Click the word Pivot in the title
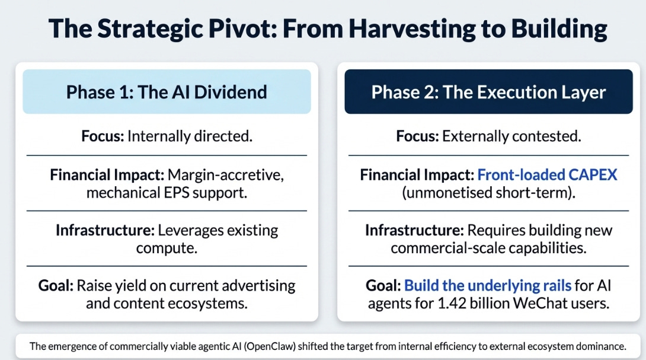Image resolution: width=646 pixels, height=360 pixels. [242, 28]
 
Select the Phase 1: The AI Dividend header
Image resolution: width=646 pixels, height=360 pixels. [167, 91]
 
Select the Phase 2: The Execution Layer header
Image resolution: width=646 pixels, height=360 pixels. [488, 91]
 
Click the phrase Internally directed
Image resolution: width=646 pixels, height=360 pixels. [190, 136]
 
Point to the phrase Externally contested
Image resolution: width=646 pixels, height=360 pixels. [511, 136]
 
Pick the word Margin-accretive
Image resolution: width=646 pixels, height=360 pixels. [226, 175]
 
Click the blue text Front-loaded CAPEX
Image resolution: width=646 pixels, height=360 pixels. [547, 174]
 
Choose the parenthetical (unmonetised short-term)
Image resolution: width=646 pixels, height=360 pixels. [488, 193]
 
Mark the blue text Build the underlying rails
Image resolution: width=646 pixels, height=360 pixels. [488, 285]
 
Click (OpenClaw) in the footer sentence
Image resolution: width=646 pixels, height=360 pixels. [270, 346]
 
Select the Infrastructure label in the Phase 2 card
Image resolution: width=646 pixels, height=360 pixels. [414, 230]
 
